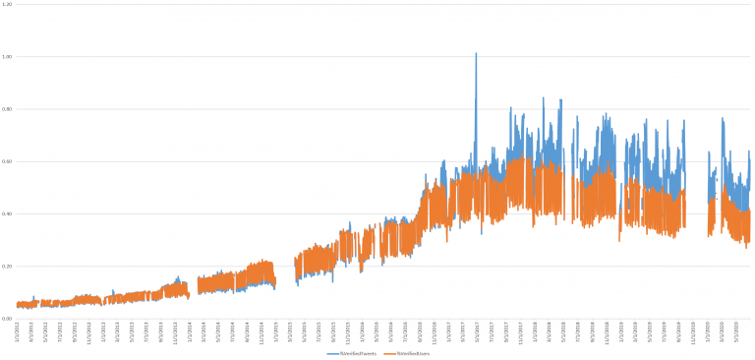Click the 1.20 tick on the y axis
7,4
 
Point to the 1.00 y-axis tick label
7,57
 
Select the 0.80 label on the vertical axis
7,109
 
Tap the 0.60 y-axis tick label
7,161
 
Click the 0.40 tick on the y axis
7,213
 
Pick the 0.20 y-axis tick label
7,267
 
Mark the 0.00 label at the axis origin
7,319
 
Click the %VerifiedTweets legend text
361,352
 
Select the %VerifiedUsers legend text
414,352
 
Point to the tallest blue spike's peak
476,53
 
